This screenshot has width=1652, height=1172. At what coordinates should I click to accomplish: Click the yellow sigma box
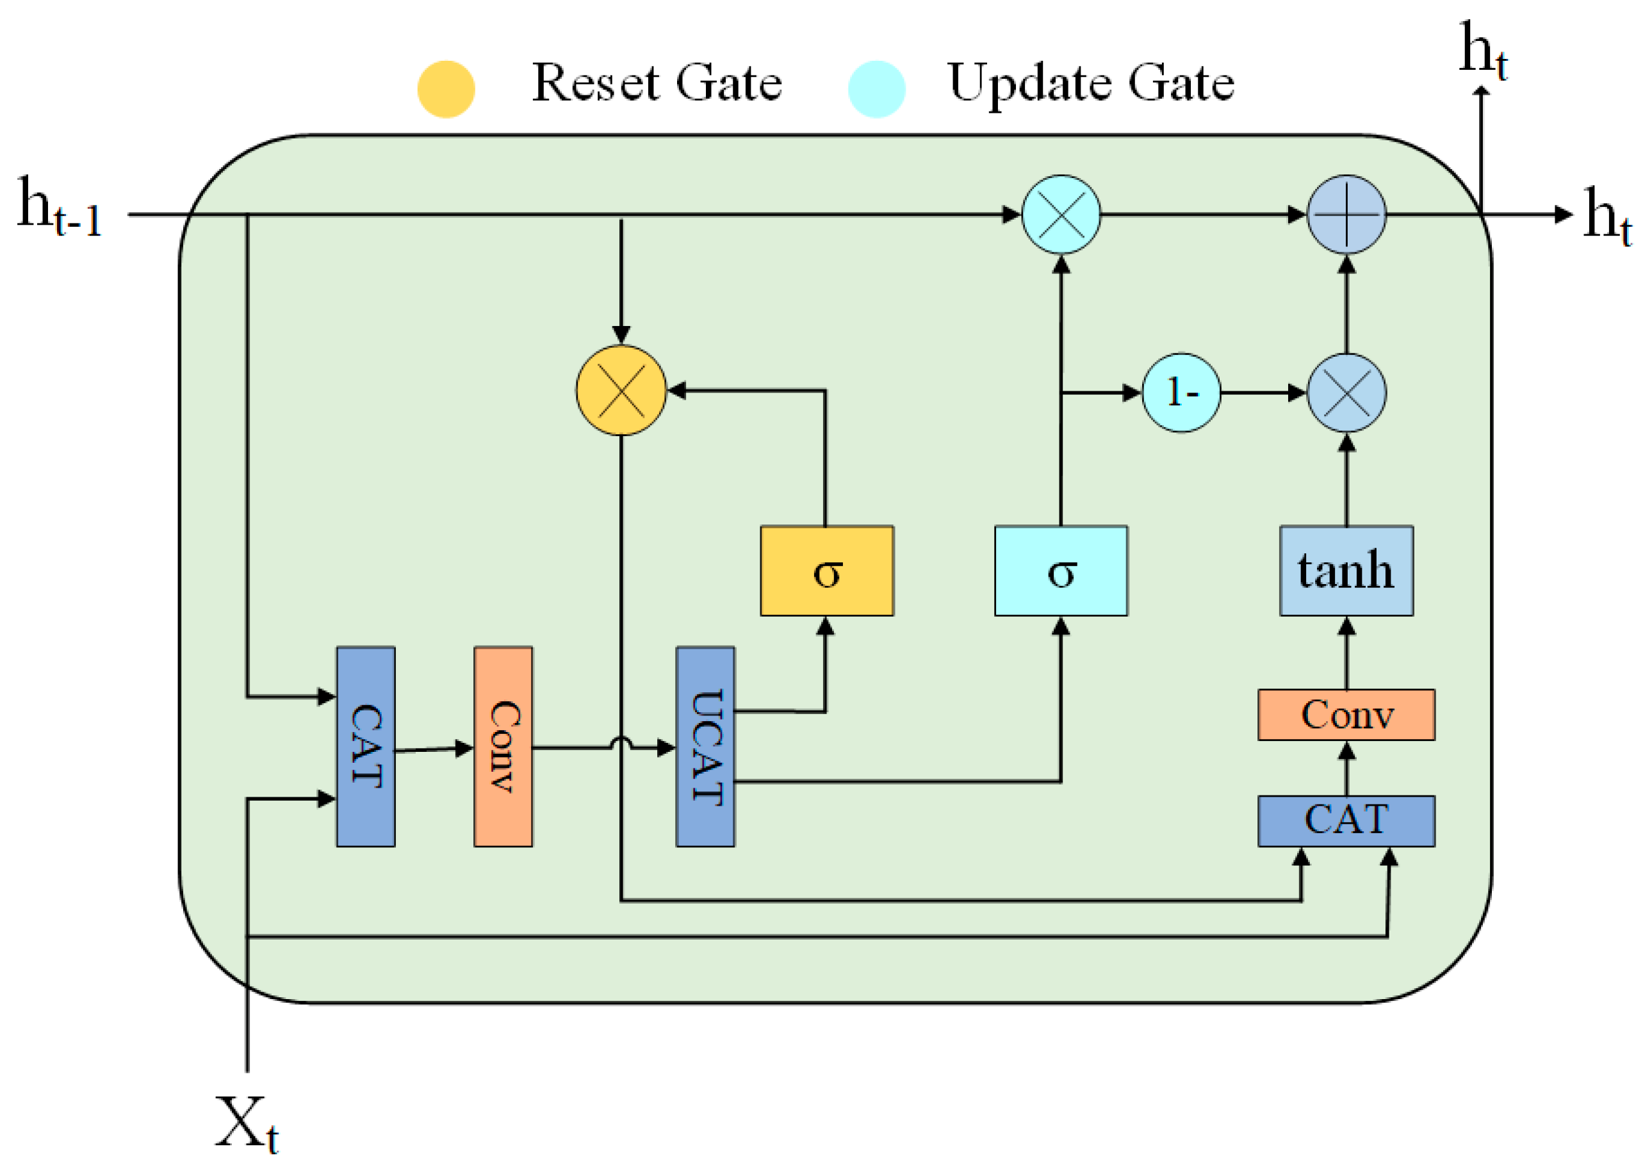(827, 571)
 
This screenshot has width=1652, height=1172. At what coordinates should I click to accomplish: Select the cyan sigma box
(1061, 571)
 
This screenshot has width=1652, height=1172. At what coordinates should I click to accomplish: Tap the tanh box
(1346, 571)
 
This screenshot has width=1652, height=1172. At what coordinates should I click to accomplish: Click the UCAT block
(705, 747)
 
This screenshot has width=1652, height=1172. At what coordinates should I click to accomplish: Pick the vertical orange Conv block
(503, 747)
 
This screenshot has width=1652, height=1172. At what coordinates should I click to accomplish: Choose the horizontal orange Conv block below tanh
(1346, 715)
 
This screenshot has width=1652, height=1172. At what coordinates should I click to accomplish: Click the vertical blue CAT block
(366, 747)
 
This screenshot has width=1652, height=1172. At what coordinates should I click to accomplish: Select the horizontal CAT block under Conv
(1346, 821)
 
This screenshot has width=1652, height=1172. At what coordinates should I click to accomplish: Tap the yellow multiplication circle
(621, 391)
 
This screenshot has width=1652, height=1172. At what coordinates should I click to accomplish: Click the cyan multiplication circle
(1061, 215)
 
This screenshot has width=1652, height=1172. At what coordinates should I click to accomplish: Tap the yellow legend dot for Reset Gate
(446, 90)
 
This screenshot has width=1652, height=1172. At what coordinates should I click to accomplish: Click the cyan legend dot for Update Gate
(877, 90)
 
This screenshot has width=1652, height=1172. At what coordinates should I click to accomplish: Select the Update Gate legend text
(1092, 85)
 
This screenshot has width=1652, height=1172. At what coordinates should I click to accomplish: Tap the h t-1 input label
(59, 206)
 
